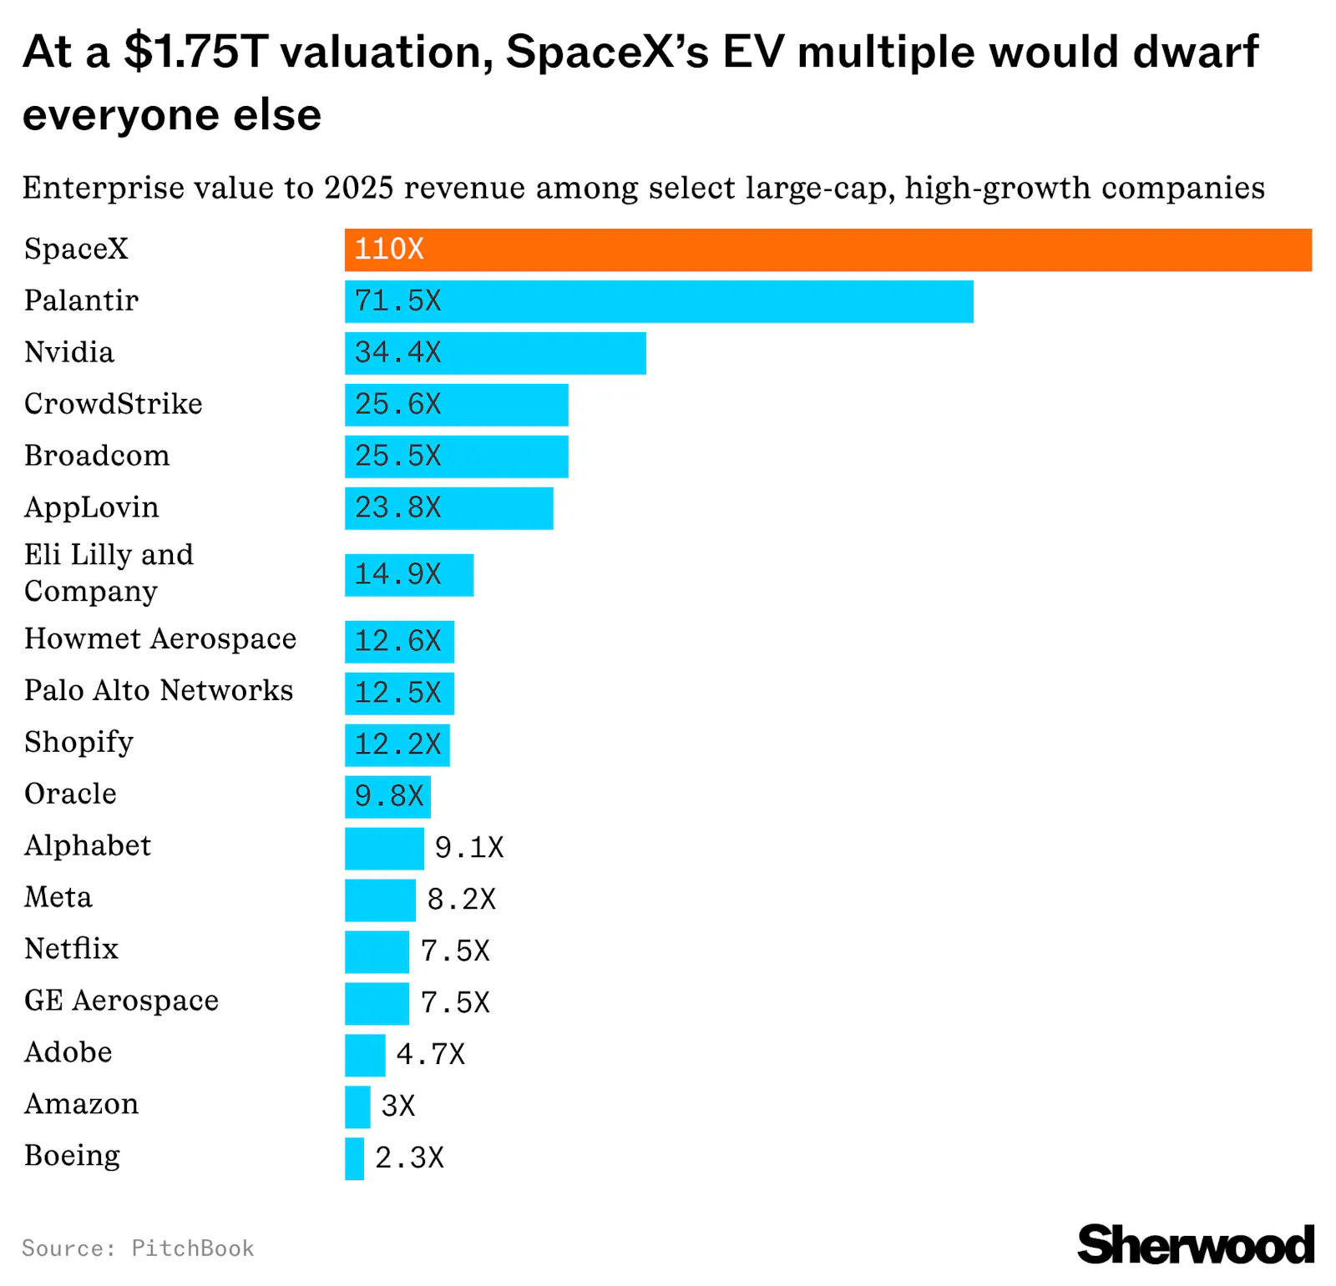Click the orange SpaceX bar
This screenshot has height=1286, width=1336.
click(827, 250)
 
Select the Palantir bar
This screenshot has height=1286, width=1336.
click(658, 301)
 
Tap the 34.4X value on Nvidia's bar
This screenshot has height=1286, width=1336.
click(397, 352)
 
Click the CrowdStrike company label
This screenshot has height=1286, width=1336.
click(113, 404)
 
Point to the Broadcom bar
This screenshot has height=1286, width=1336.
click(456, 456)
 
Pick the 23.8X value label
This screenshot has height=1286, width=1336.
click(397, 507)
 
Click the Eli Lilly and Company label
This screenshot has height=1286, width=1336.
click(109, 572)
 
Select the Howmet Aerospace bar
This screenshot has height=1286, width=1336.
click(399, 642)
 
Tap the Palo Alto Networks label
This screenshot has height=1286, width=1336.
click(159, 691)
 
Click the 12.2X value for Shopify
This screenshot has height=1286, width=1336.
click(397, 744)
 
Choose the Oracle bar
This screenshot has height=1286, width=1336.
click(387, 797)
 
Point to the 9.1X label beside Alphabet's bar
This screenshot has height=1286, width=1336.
click(469, 848)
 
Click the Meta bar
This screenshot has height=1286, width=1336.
click(380, 900)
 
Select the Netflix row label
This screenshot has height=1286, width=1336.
click(71, 949)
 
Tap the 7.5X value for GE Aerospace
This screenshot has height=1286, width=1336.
click(455, 1003)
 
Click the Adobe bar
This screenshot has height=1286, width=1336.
click(365, 1056)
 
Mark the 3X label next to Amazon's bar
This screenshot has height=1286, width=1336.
click(397, 1107)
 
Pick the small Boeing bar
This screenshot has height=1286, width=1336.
click(354, 1158)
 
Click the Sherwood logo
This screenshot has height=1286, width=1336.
click(1195, 1245)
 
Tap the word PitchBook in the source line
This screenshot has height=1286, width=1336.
click(193, 1248)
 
